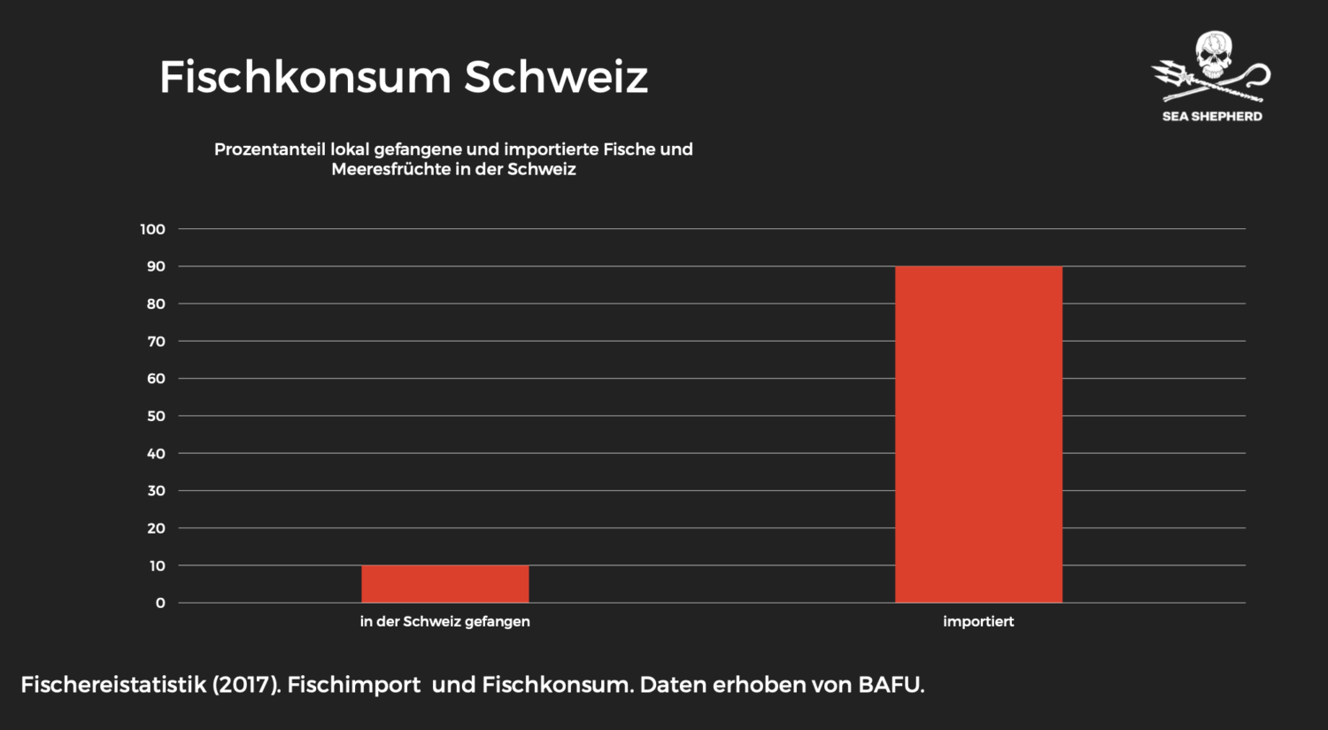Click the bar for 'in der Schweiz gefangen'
coord(444,584)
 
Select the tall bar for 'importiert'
coord(978,434)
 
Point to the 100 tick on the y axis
coord(152,229)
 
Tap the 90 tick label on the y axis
coord(156,266)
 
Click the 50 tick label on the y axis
coord(156,416)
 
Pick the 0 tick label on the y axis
coord(160,603)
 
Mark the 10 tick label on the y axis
coord(157,565)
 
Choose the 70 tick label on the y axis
coord(156,342)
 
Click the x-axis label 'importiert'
coord(978,621)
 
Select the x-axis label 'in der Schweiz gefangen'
coord(444,621)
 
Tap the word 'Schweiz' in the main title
coord(556,78)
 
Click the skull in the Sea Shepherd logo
coord(1213,55)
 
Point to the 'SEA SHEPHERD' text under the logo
coord(1212,116)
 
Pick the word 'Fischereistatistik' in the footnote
coord(112,685)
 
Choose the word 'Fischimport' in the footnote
coord(354,685)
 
